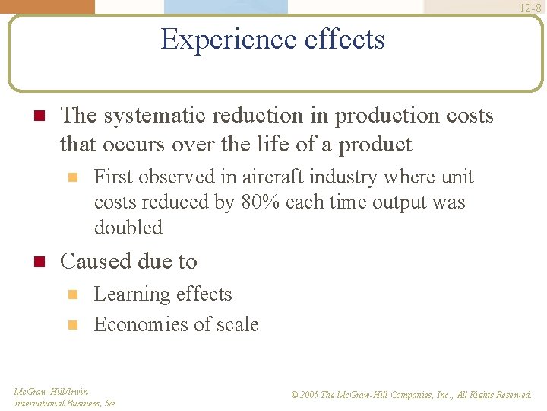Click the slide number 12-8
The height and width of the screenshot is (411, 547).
tap(530, 8)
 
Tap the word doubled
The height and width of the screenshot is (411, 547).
tap(128, 228)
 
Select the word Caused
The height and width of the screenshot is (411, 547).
tap(92, 261)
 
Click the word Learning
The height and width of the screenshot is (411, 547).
tap(132, 295)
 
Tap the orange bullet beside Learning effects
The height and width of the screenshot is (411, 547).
tap(73, 295)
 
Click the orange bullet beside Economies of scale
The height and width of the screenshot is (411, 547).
tap(73, 325)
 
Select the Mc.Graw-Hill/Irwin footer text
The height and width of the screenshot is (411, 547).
tap(51, 392)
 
